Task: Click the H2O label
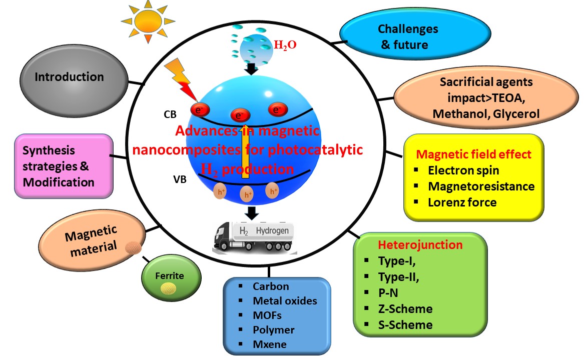pos(285,44)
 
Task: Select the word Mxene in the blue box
pos(270,344)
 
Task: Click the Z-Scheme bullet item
pos(405,308)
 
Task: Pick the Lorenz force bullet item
pos(462,202)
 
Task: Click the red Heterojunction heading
pos(420,245)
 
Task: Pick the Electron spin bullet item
pos(463,170)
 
